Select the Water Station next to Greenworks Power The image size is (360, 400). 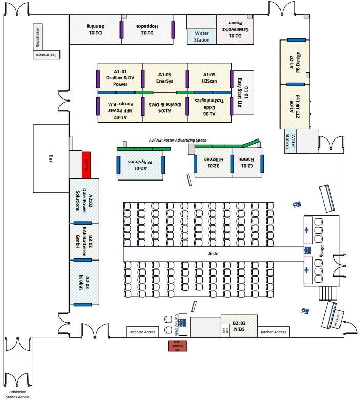coord(202,36)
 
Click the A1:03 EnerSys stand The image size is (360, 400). coord(164,77)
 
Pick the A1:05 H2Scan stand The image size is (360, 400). coord(209,77)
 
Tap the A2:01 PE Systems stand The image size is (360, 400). coord(141,165)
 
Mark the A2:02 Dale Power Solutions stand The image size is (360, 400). coord(84,201)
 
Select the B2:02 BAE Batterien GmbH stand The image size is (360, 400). coord(84,241)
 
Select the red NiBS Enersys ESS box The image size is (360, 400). coord(178,346)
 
